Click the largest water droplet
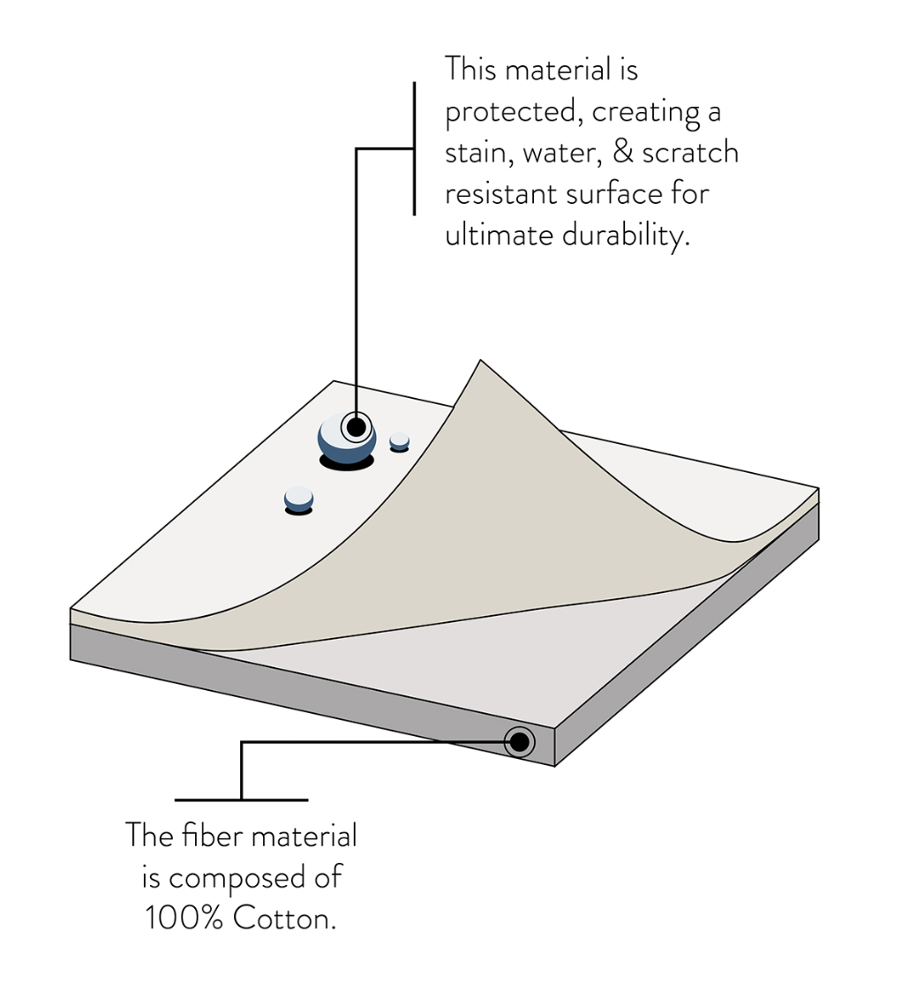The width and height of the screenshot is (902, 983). [x=346, y=439]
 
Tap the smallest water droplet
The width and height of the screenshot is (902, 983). [x=400, y=440]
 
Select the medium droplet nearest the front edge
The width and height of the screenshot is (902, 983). [x=298, y=499]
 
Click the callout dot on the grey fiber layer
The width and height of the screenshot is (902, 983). [x=519, y=741]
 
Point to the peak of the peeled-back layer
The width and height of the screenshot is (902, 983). [x=479, y=364]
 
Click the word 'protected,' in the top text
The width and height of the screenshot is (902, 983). [x=511, y=112]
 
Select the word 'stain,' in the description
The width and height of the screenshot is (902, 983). [x=479, y=154]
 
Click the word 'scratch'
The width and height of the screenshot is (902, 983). [x=690, y=153]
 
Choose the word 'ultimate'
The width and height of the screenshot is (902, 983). [x=499, y=236]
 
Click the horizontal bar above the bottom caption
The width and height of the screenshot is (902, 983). [x=241, y=799]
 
